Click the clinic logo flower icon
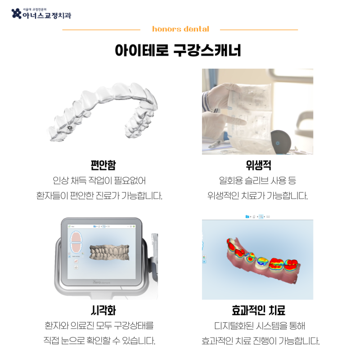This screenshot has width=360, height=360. pyautogui.click(x=17, y=13)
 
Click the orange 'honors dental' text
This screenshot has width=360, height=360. pyautogui.click(x=181, y=29)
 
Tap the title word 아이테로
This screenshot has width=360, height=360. pyautogui.click(x=141, y=50)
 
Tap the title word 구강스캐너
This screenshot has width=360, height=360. pyautogui.click(x=207, y=50)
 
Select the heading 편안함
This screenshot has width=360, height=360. pyautogui.click(x=103, y=165)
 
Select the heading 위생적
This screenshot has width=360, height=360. pyautogui.click(x=258, y=165)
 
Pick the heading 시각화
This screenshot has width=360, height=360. pyautogui.click(x=103, y=310)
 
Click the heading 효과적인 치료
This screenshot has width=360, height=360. pyautogui.click(x=258, y=310)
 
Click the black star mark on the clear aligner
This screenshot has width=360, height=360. pyautogui.click(x=70, y=128)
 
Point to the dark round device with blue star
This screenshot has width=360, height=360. pyautogui.click(x=280, y=142)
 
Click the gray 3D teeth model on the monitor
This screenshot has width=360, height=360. pyautogui.click(x=109, y=252)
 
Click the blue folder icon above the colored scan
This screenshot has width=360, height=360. pyautogui.click(x=247, y=216)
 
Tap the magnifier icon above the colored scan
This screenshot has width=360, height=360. pyautogui.click(x=261, y=216)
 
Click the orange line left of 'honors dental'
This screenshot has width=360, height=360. pyautogui.click(x=101, y=30)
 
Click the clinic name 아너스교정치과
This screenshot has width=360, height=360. pyautogui.click(x=47, y=15)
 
